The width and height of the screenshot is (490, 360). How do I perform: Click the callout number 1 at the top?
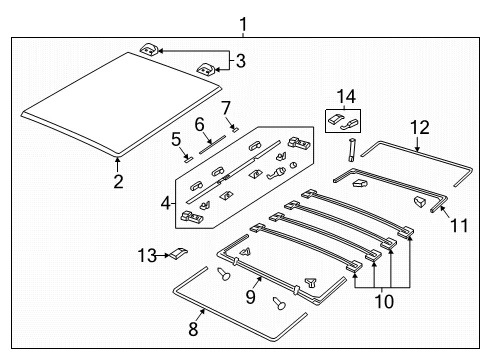point(244,25)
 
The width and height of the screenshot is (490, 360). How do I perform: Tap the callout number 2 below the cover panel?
point(118,181)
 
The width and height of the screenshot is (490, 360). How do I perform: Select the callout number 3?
point(241,61)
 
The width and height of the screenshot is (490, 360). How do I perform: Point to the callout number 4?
point(166,203)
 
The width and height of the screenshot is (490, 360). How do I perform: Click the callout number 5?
point(176,139)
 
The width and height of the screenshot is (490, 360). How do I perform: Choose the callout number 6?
point(199,125)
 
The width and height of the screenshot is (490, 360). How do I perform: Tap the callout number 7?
point(226,108)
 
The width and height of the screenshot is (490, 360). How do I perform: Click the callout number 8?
point(193,329)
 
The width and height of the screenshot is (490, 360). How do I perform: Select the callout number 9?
point(250,296)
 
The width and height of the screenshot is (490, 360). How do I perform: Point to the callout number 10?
point(384,301)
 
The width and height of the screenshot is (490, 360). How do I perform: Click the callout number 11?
point(459,225)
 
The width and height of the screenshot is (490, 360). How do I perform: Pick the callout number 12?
point(420,128)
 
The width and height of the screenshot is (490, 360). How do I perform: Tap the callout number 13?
point(147,256)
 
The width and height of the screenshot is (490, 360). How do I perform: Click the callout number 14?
point(346,97)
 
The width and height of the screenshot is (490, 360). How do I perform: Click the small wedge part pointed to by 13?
point(179,253)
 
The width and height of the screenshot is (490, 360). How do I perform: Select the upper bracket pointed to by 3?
point(149,49)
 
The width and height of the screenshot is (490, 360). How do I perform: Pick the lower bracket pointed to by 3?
point(206,70)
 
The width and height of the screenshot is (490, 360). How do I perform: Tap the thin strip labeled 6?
point(212,145)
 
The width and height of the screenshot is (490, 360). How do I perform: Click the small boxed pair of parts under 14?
point(343,121)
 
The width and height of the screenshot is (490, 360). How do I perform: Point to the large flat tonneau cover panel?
point(121,104)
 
